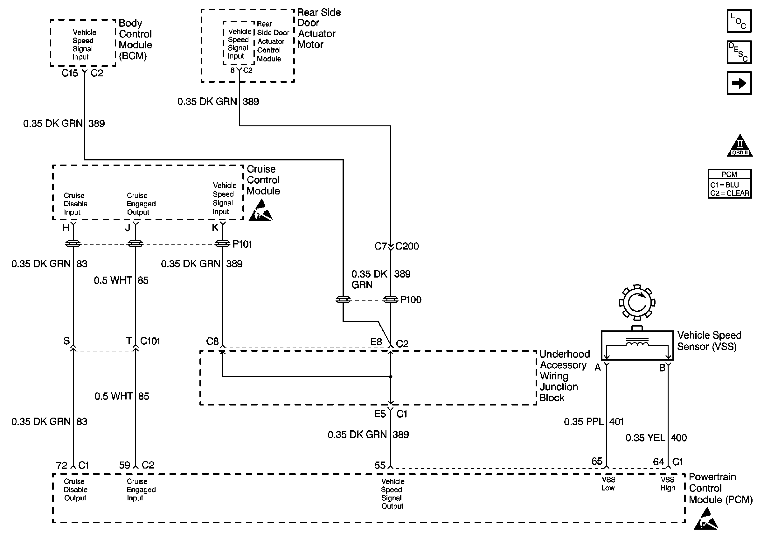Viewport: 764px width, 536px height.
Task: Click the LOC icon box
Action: coord(739,21)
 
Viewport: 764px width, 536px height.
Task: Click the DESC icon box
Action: coord(739,52)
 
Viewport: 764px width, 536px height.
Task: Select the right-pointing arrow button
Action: coord(739,83)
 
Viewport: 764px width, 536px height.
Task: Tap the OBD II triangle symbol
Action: coord(740,145)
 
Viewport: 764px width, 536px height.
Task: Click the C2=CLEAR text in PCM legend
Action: coord(729,194)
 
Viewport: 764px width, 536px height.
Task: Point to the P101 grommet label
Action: coord(242,244)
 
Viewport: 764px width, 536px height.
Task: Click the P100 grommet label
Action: coord(411,300)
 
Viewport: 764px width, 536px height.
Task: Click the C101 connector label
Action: coord(150,341)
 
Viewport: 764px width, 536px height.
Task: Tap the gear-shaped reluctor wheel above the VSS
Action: coord(637,302)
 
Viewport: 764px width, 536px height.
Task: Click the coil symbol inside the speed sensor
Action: coord(637,343)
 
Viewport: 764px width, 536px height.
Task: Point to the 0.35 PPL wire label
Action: coord(584,421)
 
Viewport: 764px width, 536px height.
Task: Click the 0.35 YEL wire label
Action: coord(645,437)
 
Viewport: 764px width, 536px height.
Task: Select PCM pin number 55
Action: coord(380,465)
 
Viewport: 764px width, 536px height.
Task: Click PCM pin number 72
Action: coord(62,465)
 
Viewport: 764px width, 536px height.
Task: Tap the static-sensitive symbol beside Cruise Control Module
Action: coord(260,210)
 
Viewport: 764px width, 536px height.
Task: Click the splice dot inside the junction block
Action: coord(391,377)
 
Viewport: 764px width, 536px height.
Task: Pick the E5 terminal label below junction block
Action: coord(380,414)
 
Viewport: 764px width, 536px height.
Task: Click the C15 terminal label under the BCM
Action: coord(70,73)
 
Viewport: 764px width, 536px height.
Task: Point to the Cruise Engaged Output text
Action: coord(141,204)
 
